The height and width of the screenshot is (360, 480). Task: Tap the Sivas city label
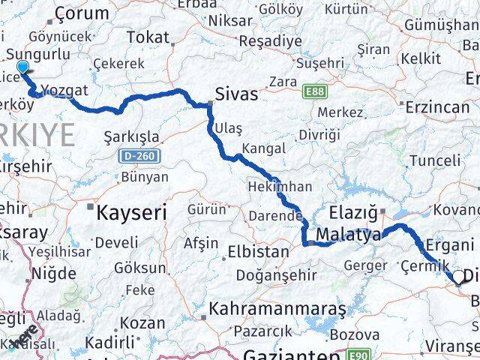pos(236,95)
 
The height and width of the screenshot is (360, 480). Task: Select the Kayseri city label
pos(130,212)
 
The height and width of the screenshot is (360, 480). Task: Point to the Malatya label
pos(348,235)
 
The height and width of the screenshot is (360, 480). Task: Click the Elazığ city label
pos(353,213)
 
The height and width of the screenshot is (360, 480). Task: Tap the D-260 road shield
pos(135,157)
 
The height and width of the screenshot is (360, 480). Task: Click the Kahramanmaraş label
pos(277,308)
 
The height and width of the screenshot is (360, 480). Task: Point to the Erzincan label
pos(436,107)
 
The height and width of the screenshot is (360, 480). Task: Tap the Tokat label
pos(148,37)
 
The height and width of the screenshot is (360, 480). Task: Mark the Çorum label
pos(81,13)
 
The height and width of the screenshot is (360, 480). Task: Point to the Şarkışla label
pos(132,136)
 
